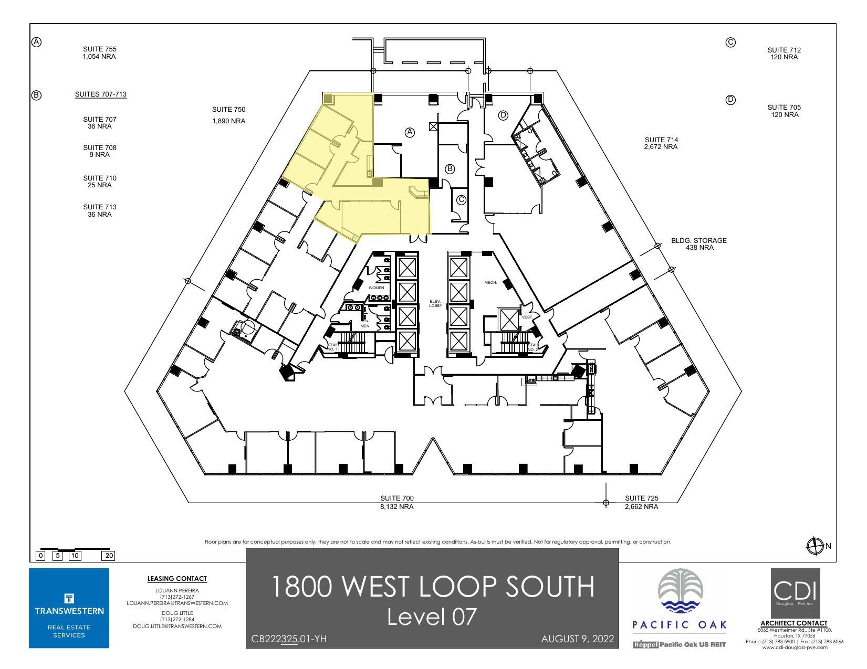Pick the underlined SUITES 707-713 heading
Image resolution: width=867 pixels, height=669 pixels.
click(101, 94)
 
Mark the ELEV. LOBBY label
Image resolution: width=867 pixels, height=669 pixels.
click(436, 303)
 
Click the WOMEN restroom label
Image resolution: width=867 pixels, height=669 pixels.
click(376, 288)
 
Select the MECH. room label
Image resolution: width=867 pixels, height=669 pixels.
click(490, 283)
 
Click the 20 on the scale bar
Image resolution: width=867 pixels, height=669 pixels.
click(109, 556)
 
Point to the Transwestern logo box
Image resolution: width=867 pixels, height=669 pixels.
click(69, 608)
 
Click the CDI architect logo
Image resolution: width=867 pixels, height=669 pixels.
click(795, 593)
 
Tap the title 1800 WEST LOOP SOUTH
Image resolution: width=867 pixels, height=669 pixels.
click(433, 587)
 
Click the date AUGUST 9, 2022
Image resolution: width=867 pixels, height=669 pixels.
click(577, 639)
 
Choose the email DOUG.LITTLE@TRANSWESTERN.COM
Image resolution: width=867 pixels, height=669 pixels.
click(177, 626)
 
